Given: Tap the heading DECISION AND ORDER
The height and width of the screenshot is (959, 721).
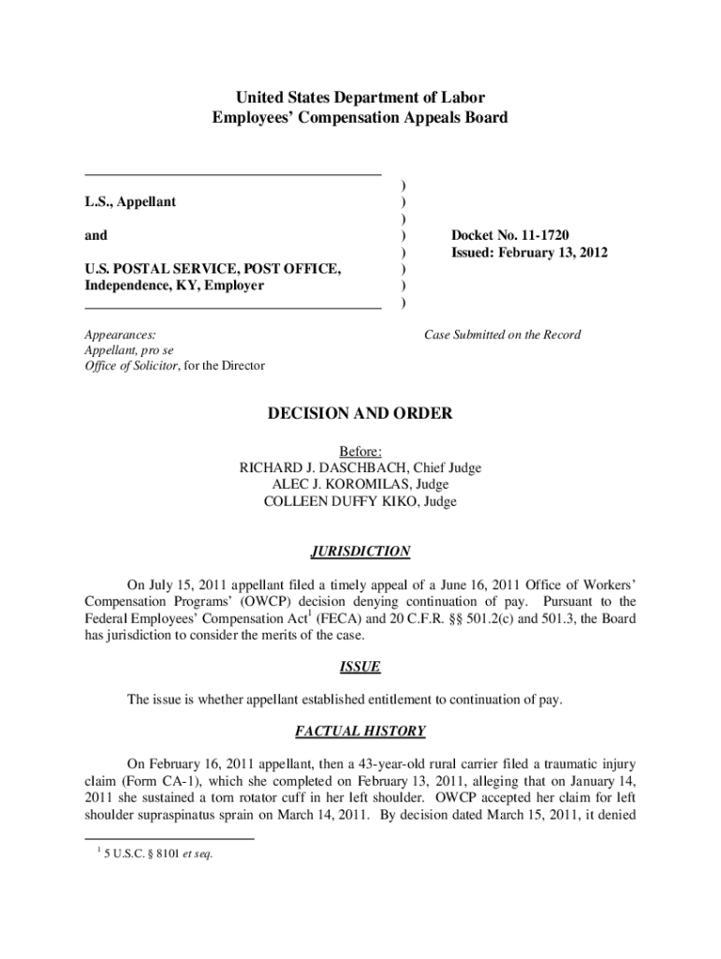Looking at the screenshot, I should click(x=360, y=413).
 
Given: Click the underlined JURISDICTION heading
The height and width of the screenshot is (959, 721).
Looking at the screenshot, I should click(x=360, y=552).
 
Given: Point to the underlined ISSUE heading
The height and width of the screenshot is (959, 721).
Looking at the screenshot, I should click(x=360, y=667).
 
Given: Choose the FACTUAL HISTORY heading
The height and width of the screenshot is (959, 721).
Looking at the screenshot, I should click(x=360, y=730).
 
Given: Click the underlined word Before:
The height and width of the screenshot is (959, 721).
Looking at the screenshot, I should click(x=360, y=451).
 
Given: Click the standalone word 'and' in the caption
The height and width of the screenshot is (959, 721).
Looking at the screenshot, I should click(x=96, y=235).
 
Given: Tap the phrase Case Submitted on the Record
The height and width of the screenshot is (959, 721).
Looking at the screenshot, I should click(x=502, y=334).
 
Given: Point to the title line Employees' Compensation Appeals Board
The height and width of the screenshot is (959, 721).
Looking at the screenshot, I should click(x=360, y=118).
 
